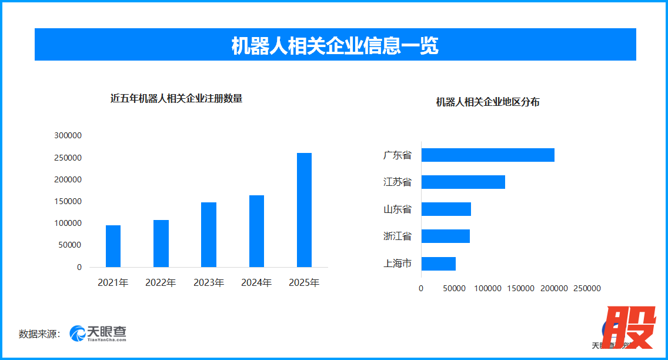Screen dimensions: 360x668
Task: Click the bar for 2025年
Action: coord(304,210)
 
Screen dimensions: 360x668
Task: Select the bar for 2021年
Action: coord(113,246)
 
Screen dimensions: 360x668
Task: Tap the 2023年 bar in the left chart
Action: coord(209,235)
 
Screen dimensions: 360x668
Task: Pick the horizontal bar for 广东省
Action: coord(488,155)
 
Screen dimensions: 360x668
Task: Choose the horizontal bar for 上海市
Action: coord(439,264)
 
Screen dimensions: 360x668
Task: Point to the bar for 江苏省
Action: coord(463,182)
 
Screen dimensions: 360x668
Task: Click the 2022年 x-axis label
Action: coord(161,283)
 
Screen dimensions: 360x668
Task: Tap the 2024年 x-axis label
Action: coord(256,283)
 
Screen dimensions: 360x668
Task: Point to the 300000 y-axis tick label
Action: coord(68,135)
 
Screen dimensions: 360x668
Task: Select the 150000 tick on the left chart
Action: coord(68,201)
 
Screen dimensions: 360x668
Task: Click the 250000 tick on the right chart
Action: coord(587,288)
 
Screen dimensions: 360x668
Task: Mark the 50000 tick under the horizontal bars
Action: coord(454,288)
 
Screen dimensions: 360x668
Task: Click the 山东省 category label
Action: coord(398,209)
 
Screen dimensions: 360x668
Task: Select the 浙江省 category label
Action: coord(398,236)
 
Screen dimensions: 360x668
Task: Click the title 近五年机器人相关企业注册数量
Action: coord(176,99)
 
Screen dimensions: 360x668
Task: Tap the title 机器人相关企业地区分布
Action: coord(487,102)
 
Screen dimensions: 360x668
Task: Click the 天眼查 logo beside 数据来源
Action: coord(98,334)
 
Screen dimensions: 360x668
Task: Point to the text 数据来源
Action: coord(39,334)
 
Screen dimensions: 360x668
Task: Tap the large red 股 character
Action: coord(630,328)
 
